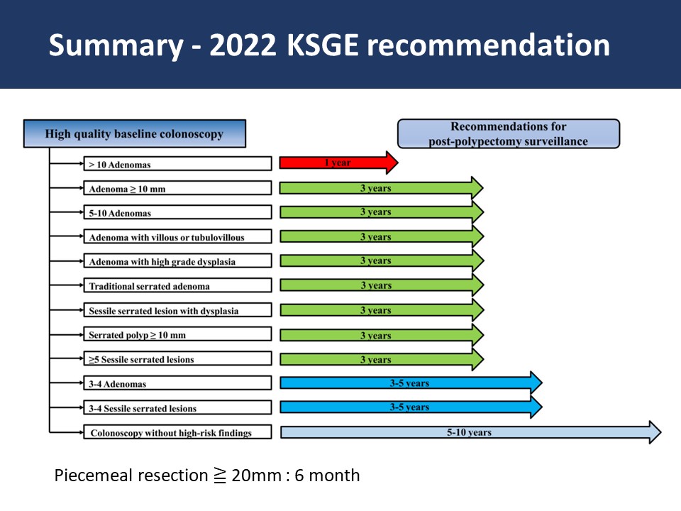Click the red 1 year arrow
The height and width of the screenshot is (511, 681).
point(338,163)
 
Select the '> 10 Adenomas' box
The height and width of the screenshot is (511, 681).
point(177,164)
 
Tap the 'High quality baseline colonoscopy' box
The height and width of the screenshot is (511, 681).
point(135,134)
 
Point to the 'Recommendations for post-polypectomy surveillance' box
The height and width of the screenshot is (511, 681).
point(509,134)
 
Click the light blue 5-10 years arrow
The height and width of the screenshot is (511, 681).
point(471,432)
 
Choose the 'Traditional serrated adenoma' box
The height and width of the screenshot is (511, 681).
point(177,285)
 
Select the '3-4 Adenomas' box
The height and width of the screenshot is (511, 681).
point(177,383)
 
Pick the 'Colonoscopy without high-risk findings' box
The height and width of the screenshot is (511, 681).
point(177,432)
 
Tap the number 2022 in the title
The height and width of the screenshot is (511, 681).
point(243,45)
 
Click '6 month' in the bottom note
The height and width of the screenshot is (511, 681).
point(327,476)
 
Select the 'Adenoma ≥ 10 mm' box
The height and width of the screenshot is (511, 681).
point(177,188)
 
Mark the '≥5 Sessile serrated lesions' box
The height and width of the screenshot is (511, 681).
point(177,359)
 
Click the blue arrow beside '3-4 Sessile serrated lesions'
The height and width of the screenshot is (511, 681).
point(411,407)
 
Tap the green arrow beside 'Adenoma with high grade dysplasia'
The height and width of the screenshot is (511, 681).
point(382,260)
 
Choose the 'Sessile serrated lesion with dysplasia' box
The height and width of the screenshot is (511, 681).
point(177,310)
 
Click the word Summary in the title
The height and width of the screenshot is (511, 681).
point(116,45)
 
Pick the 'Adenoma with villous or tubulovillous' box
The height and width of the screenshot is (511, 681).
point(177,237)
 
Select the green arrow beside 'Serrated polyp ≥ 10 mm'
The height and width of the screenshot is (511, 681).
point(382,336)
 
